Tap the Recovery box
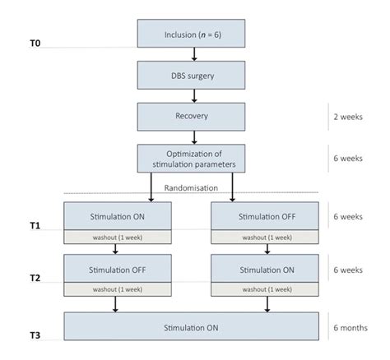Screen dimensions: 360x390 pyautogui.click(x=193, y=116)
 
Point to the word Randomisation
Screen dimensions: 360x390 pyautogui.click(x=193, y=187)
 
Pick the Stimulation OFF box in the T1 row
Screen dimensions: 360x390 pyautogui.click(x=265, y=217)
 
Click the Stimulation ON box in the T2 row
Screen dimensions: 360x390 pyautogui.click(x=265, y=269)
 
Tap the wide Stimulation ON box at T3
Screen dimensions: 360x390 pyautogui.click(x=193, y=328)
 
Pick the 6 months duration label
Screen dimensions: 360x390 pyautogui.click(x=350, y=326)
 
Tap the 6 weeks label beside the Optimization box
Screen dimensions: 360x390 pyautogui.click(x=348, y=158)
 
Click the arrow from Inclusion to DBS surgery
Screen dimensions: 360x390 pyautogui.click(x=193, y=54)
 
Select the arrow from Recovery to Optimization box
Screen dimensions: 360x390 pyautogui.click(x=193, y=136)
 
